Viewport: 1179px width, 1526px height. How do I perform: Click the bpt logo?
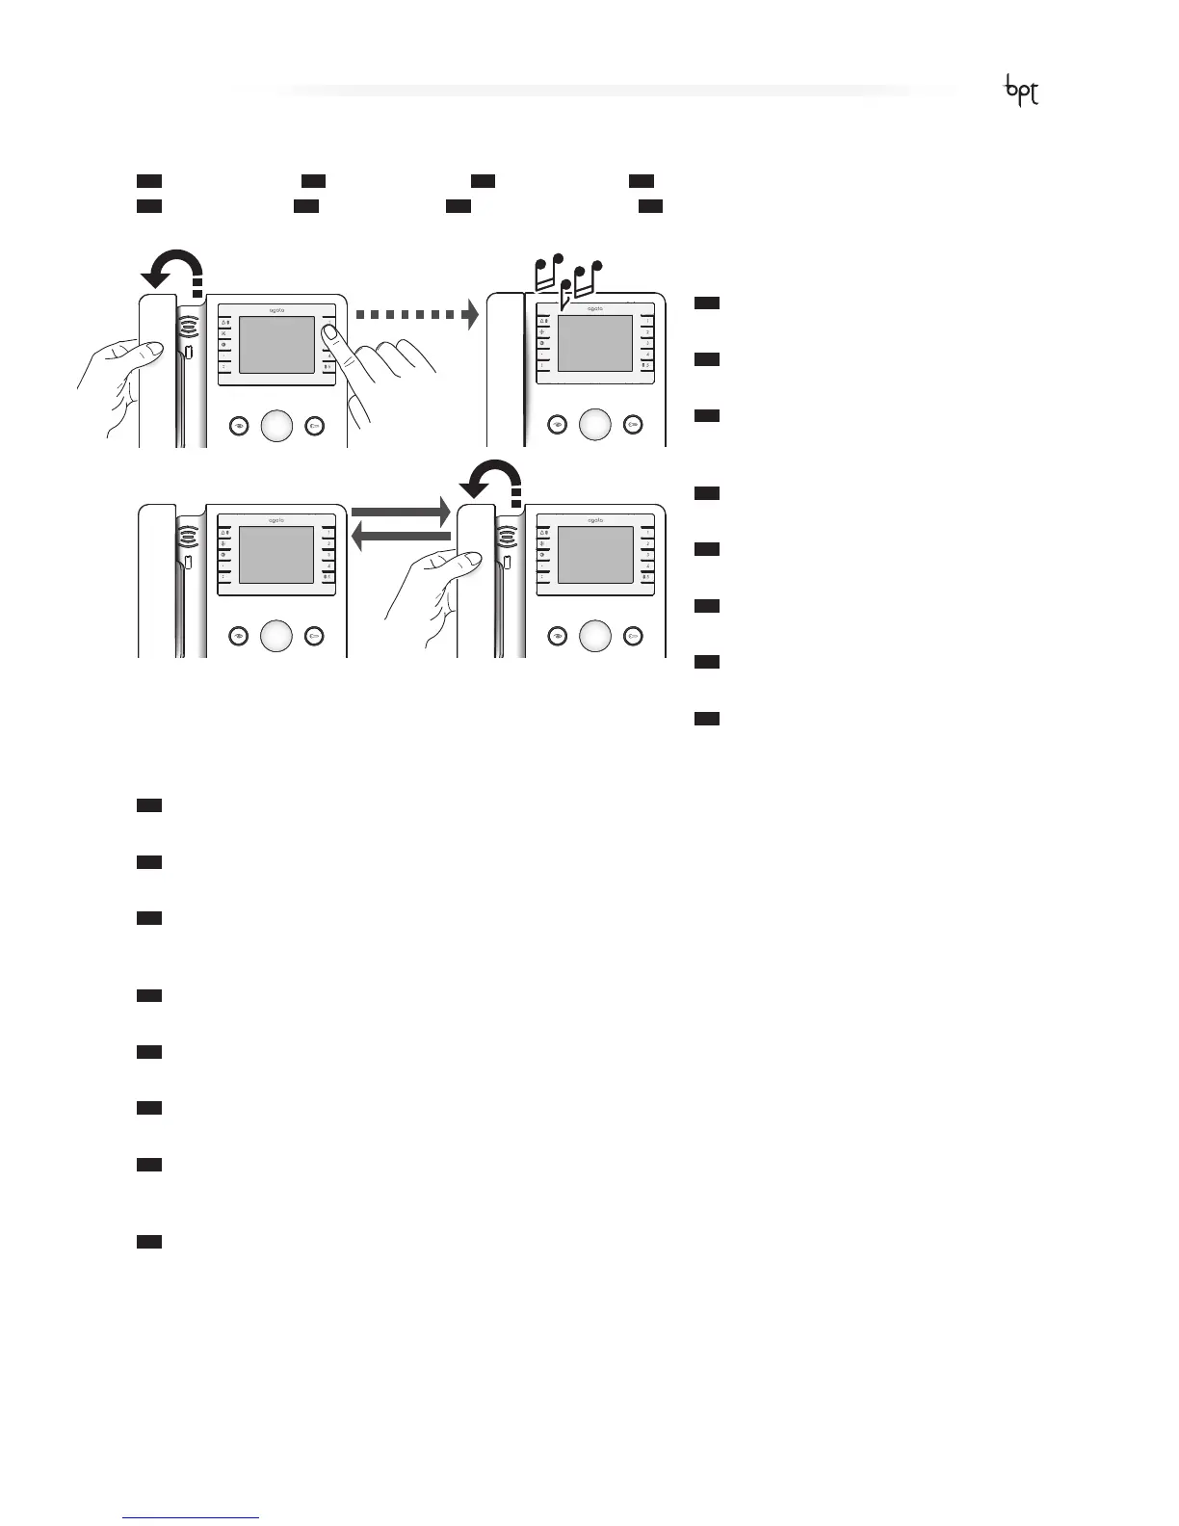(x=1022, y=91)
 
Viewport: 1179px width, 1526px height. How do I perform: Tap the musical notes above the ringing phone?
(x=568, y=277)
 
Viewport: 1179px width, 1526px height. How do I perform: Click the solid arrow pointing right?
(x=401, y=511)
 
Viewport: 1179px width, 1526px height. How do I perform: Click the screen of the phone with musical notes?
(x=595, y=344)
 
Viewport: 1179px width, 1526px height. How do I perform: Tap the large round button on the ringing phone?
(x=595, y=425)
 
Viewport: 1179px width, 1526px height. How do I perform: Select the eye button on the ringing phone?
(x=557, y=425)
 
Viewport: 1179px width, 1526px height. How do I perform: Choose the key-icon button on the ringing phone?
(x=633, y=425)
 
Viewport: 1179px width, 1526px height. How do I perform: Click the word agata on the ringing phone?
(x=595, y=309)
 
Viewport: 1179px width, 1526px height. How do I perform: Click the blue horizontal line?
(x=192, y=1517)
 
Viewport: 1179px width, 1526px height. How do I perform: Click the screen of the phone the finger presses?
(x=276, y=344)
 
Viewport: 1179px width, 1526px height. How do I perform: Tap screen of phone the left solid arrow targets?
(x=276, y=555)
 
